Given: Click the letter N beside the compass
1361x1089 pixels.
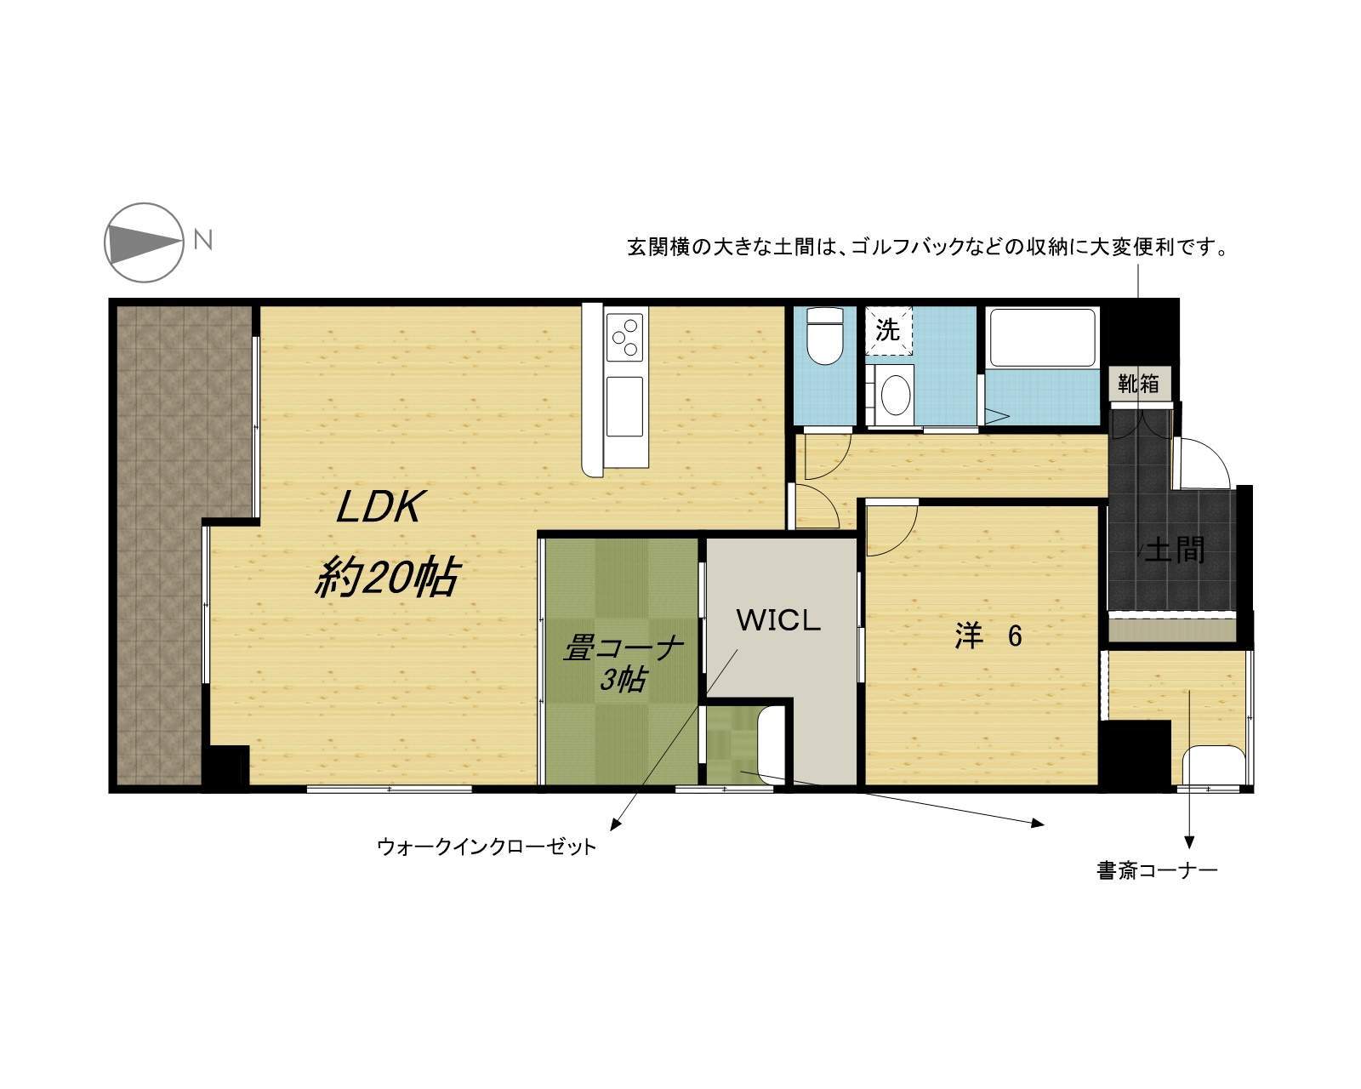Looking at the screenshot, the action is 203,241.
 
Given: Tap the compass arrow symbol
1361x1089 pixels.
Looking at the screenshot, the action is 145,242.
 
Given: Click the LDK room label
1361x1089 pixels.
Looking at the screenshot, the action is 379,507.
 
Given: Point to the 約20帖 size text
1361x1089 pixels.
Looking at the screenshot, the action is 386,576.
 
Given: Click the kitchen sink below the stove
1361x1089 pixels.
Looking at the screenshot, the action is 624,406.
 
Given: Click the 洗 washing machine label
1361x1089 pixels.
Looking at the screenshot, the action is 888,329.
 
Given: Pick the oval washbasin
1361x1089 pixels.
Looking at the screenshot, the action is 895,395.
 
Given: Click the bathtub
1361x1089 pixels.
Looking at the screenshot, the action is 1042,337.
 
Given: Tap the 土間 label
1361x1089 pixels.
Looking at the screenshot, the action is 1175,550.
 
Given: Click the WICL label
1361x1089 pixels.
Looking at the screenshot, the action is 778,621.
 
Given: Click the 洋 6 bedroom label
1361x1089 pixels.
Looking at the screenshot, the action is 988,636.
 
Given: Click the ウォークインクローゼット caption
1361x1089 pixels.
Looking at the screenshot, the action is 487,847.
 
